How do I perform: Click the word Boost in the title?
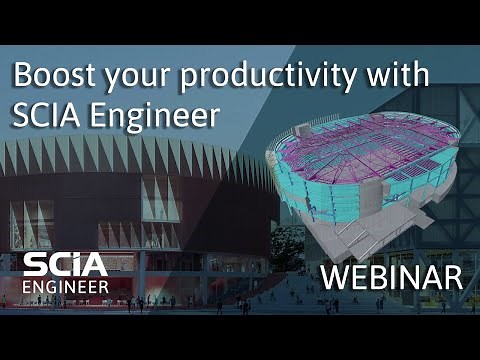50,76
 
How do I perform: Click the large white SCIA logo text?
66,266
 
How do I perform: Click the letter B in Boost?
22,76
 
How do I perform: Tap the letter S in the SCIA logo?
36,266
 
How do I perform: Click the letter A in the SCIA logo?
96,266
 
